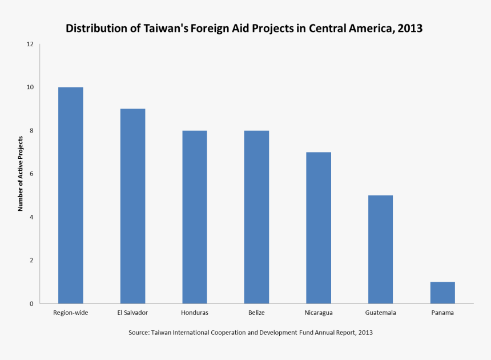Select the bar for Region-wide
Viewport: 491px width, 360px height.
70,195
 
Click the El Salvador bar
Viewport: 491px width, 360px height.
132,206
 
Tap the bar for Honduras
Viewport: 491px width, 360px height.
195,217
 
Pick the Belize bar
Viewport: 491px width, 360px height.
256,217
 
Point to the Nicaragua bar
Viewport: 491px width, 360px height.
319,227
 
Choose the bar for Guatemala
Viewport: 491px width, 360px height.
380,249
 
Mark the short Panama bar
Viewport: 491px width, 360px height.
442,293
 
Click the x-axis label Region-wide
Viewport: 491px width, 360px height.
70,313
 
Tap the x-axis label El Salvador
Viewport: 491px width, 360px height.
132,313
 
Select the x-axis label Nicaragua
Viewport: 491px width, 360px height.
319,313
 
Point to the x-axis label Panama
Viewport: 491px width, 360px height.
442,313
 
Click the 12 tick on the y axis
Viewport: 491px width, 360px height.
30,44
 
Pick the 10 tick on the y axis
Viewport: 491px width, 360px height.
30,87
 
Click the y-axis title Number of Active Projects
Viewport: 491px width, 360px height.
21,174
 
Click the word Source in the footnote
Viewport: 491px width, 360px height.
138,332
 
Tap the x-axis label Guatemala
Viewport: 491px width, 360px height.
380,313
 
